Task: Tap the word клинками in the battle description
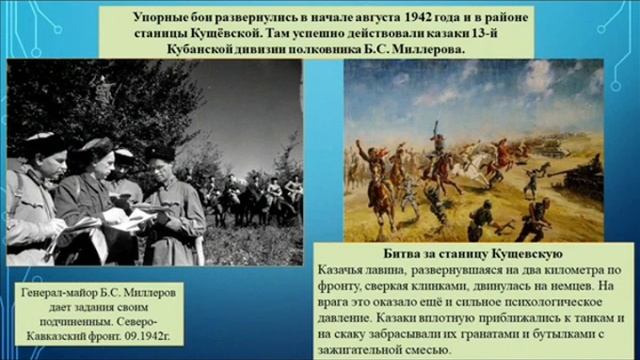[x=429, y=286]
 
